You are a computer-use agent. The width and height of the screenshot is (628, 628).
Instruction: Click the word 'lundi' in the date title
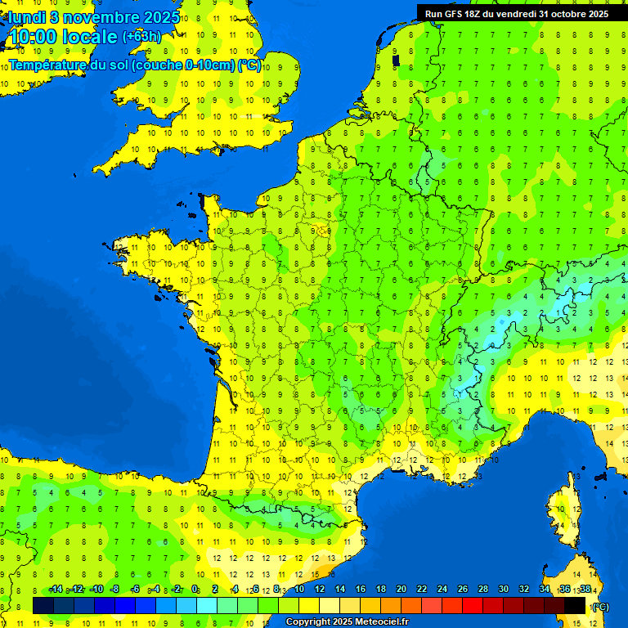coord(26,16)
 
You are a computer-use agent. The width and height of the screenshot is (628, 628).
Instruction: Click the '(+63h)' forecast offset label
coord(141,36)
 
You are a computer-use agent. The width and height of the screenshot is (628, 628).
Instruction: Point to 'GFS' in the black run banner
coord(460,13)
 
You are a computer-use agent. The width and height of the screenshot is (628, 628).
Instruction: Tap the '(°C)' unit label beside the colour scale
coord(599,606)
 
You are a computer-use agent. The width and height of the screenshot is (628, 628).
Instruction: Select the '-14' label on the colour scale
coord(56,589)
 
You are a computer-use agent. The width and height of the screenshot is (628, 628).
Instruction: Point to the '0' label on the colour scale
coord(195,589)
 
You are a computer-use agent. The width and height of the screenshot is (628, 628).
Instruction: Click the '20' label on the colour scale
coord(401,589)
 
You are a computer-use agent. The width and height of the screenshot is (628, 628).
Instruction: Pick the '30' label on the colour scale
coord(504,589)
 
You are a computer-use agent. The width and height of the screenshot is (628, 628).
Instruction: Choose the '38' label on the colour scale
coord(585,589)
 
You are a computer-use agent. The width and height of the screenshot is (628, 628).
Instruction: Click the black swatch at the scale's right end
coord(575,605)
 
